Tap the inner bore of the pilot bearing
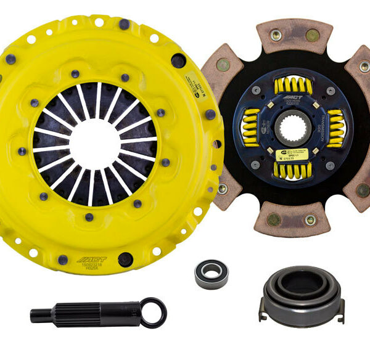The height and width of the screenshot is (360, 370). point(212,272)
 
